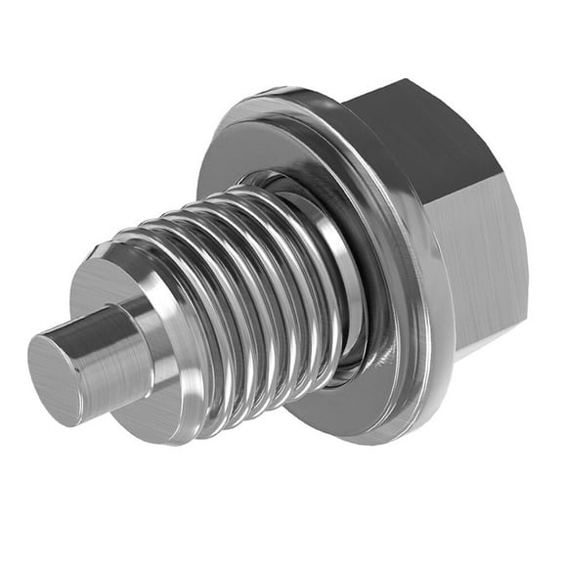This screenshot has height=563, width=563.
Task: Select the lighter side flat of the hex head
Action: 479,254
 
